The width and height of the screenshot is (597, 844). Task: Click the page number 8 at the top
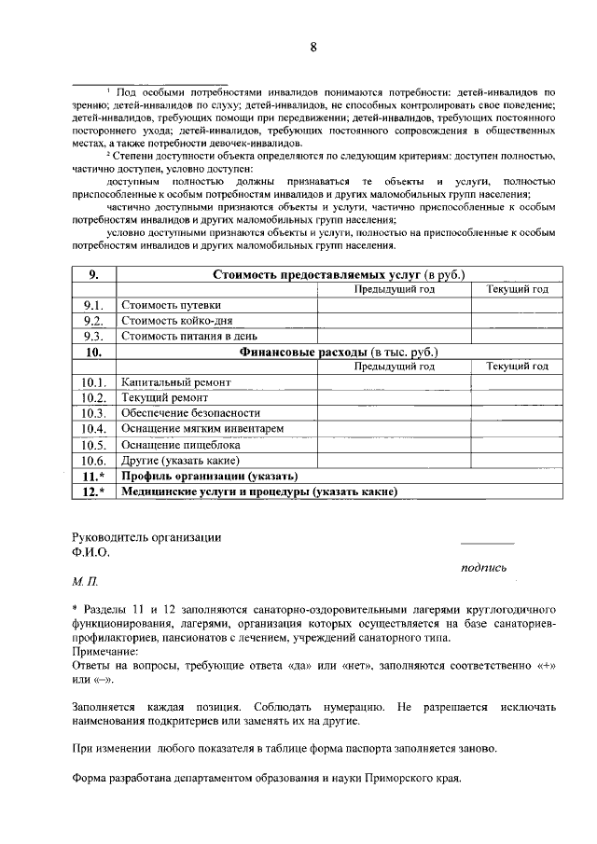313,48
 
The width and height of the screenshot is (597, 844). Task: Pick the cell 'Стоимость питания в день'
188,337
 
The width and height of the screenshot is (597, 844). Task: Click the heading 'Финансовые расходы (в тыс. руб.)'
339,352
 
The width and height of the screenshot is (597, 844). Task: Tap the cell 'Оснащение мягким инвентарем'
202,429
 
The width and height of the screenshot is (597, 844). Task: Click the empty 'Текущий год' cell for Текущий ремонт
517,398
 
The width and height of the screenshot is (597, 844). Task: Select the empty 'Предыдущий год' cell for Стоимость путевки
394,305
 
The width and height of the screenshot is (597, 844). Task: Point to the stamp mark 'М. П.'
85,580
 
